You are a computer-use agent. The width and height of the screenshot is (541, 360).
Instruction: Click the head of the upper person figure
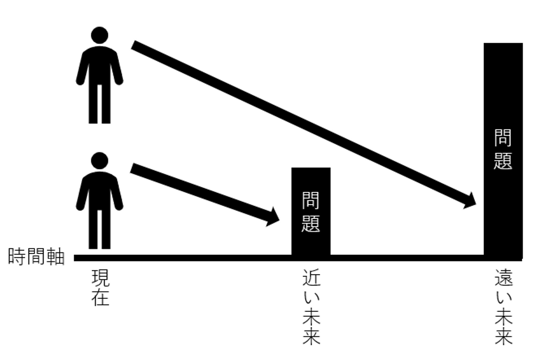click(100, 35)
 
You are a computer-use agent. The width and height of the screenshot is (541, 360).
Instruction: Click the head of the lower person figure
click(100, 161)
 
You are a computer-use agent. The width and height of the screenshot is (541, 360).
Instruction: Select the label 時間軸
click(36, 256)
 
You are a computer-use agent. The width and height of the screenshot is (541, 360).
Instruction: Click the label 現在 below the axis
click(100, 288)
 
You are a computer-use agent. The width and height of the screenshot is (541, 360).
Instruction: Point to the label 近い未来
click(311, 307)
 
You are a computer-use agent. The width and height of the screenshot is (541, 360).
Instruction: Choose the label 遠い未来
click(503, 307)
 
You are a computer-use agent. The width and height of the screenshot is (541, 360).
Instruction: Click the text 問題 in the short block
click(311, 212)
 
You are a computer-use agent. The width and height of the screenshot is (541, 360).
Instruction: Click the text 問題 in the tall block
click(503, 149)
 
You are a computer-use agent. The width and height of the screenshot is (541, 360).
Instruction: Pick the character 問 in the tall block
click(503, 138)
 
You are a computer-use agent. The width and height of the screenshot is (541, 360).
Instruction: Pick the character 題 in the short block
click(311, 224)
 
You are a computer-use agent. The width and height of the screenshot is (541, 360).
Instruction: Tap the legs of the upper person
click(100, 104)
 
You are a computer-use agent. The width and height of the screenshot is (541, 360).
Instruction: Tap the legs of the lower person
click(100, 229)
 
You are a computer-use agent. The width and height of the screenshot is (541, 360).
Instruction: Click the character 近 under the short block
click(311, 278)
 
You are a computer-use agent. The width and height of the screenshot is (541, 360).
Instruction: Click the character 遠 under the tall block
click(504, 278)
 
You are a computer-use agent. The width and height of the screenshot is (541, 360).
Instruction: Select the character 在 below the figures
click(100, 297)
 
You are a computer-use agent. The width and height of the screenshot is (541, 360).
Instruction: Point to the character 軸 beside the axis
click(55, 256)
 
